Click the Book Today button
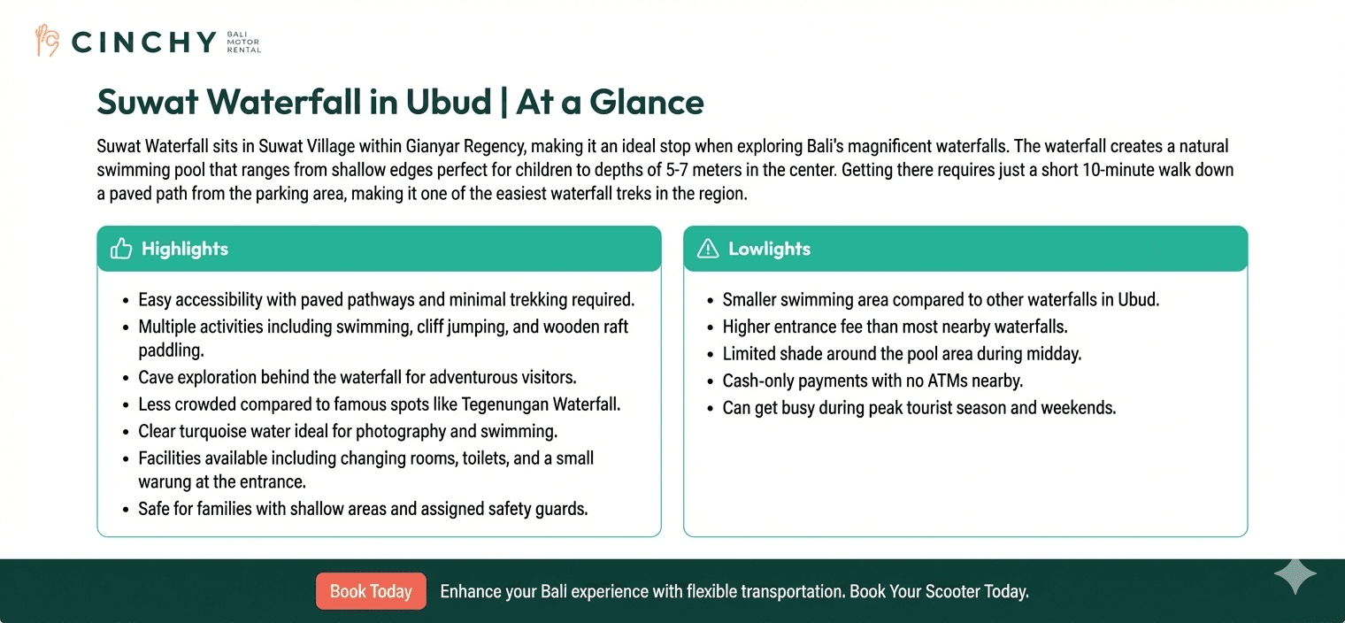coord(371,591)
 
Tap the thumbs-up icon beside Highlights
coord(121,249)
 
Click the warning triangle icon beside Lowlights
coord(708,249)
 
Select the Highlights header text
coord(184,249)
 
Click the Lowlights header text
coord(769,249)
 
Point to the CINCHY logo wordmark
coord(143,42)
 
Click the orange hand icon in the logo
coord(46,41)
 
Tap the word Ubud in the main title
coord(448,103)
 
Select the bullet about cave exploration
coord(357,378)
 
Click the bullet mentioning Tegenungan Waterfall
coord(379,404)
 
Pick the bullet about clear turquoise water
coord(347,432)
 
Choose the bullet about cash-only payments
coord(872,381)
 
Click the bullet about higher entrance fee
coord(895,327)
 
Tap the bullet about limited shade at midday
coord(902,354)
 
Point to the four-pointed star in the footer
coord(1295,576)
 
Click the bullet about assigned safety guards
coord(363,509)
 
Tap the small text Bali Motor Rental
coord(243,42)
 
